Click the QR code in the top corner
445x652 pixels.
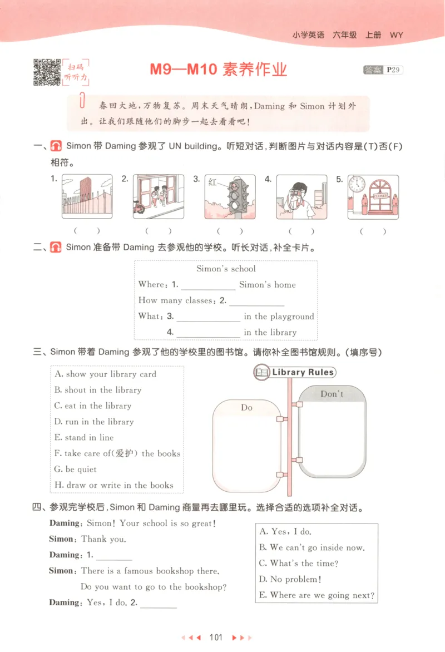(47, 72)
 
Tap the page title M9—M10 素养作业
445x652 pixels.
(218, 70)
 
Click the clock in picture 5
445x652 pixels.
(357, 184)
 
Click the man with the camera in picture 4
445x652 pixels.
(295, 197)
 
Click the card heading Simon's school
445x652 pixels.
(226, 269)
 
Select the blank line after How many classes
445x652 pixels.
(256, 302)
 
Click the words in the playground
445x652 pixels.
(279, 317)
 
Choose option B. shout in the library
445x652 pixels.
(98, 390)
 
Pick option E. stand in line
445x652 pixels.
(84, 437)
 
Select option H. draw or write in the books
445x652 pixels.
(114, 485)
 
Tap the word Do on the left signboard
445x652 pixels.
(246, 408)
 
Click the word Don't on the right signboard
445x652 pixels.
(332, 394)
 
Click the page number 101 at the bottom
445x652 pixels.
(215, 637)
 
